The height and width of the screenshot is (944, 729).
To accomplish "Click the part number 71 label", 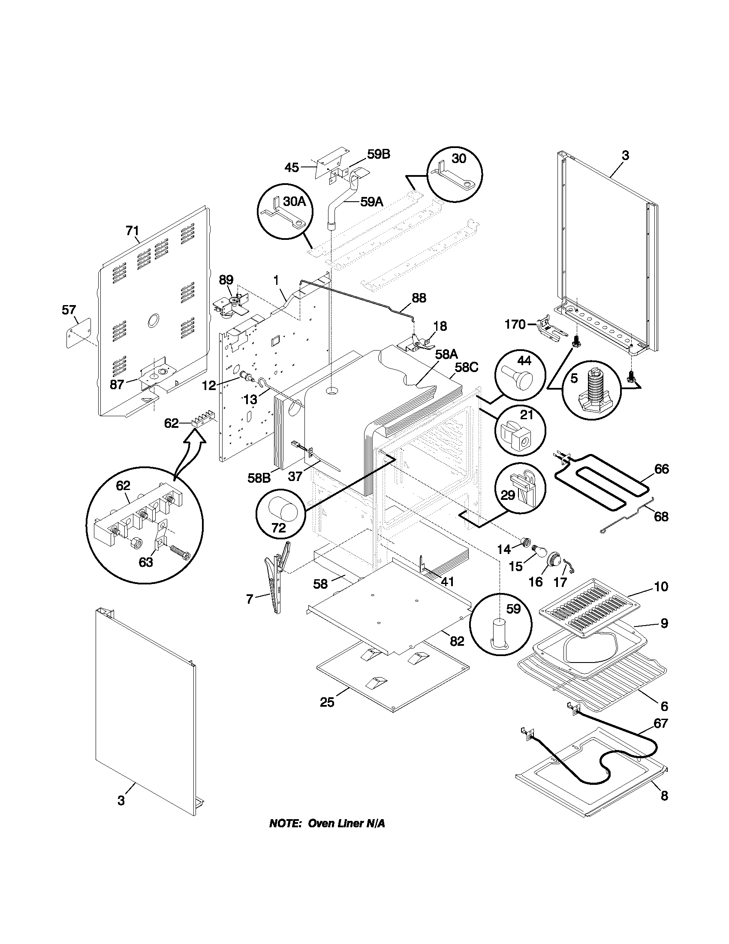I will [x=132, y=231].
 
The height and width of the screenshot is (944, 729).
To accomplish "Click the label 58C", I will [x=467, y=367].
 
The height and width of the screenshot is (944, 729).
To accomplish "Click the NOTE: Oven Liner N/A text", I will [x=327, y=823].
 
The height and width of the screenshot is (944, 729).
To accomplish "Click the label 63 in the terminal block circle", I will [x=146, y=563].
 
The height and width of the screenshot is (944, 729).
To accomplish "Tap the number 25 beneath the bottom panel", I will [x=327, y=702].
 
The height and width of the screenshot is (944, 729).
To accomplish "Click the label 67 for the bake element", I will [x=661, y=723].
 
